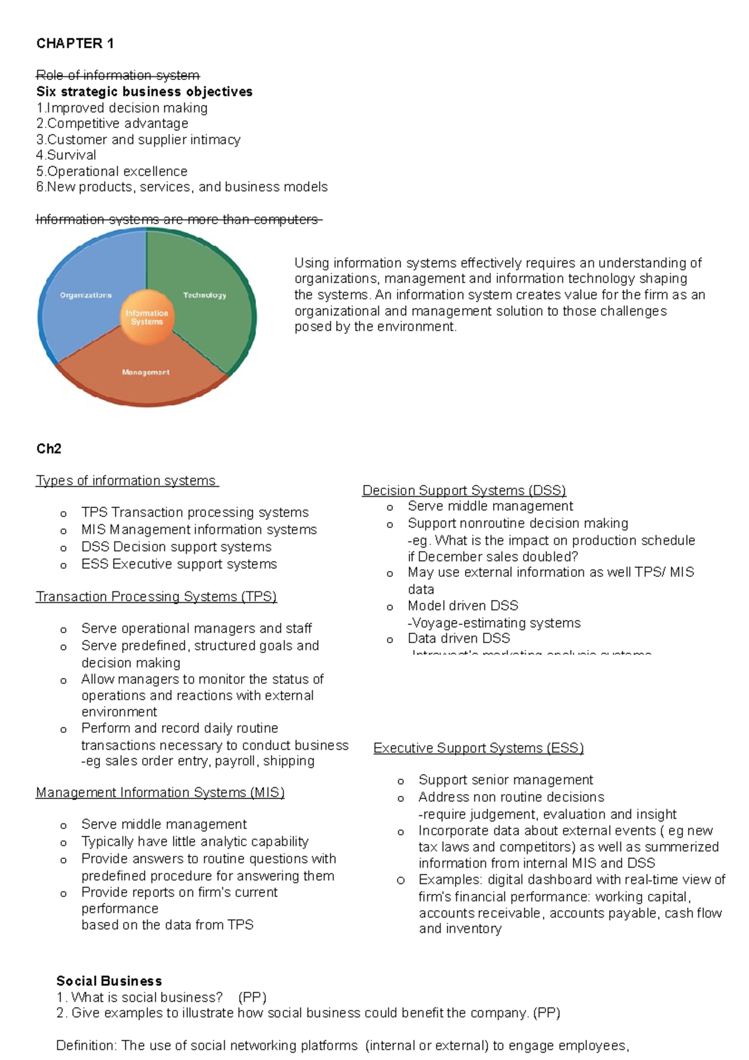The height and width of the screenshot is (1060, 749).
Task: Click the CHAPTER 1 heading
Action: point(75,43)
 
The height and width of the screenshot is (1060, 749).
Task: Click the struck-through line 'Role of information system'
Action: point(118,76)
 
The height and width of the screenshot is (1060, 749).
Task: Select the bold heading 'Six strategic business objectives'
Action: point(144,92)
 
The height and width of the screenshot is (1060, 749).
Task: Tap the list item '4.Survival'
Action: point(66,155)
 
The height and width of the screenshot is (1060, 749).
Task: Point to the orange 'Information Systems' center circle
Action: point(147,318)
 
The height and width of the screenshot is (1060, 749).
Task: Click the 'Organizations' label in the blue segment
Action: point(86,295)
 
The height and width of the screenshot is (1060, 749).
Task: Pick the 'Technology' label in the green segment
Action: point(205,295)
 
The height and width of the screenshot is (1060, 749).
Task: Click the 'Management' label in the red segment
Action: point(145,372)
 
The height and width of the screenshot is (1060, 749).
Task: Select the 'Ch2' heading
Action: point(49,449)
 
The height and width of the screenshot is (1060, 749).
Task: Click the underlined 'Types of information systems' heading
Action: point(126,481)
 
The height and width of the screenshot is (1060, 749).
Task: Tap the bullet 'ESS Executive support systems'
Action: point(179,564)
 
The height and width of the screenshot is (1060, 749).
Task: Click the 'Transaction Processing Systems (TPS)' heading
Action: point(156,596)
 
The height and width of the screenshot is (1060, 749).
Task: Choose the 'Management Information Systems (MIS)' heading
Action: point(160,792)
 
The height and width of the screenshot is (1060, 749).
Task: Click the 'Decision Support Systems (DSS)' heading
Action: point(464,491)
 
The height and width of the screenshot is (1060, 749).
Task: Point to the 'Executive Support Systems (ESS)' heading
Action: point(478,748)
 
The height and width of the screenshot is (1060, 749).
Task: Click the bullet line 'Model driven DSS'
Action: point(463,606)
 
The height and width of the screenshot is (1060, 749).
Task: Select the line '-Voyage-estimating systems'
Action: point(494,622)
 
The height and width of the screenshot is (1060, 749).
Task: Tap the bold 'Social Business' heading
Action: point(109,981)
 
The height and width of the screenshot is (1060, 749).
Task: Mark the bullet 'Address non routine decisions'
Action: point(511,797)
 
